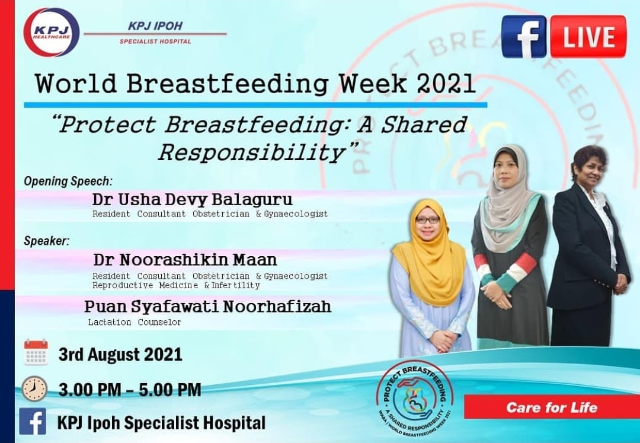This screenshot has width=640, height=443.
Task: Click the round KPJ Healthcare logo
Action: (x=52, y=32)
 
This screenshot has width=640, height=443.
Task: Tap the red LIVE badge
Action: (x=588, y=37)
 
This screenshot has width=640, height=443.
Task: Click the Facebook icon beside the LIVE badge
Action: (x=523, y=37)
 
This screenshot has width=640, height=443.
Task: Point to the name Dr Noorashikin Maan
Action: (x=185, y=260)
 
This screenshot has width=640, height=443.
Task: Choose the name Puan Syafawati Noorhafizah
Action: (x=207, y=307)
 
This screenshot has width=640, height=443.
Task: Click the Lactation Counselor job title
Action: (x=135, y=323)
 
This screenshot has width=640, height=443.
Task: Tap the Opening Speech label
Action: (x=68, y=180)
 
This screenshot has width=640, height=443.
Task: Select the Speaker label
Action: (x=46, y=241)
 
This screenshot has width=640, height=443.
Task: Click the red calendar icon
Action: (x=36, y=352)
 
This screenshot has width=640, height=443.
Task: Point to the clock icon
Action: (x=34, y=388)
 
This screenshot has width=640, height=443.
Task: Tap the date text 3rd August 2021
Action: (x=120, y=355)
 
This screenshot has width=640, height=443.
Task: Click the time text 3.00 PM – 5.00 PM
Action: (x=130, y=390)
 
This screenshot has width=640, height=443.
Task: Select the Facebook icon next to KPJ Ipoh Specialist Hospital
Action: (x=33, y=422)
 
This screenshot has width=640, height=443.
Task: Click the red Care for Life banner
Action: (x=551, y=407)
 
